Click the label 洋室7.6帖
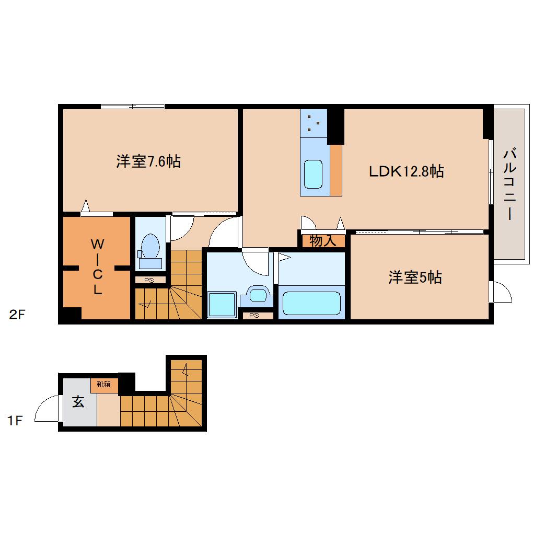148,161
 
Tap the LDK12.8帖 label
407,171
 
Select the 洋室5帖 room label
415,277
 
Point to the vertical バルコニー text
509,184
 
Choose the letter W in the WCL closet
97,244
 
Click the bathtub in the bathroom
311,303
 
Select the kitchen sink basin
314,175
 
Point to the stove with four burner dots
314,123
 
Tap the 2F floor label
17,315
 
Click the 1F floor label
16,421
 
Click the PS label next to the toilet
149,280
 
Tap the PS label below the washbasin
254,315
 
